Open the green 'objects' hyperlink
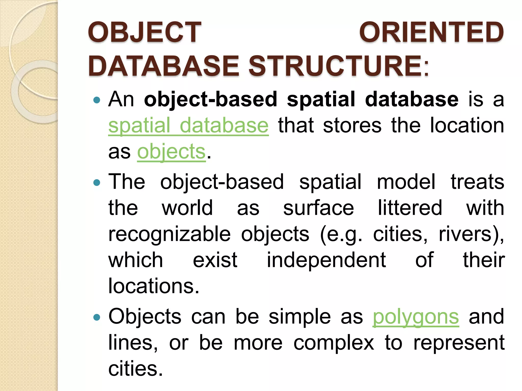pos(171,151)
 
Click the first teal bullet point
pos(97,100)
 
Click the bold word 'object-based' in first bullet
pos(210,99)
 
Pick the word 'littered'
pos(410,208)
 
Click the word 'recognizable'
pos(169,234)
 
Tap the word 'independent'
pos(326,260)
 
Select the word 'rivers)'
pos(471,234)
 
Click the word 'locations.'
pos(154,286)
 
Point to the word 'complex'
pos(334,343)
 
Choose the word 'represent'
pos(459,343)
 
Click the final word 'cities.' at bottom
pos(135,369)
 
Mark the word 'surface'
pos(319,208)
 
